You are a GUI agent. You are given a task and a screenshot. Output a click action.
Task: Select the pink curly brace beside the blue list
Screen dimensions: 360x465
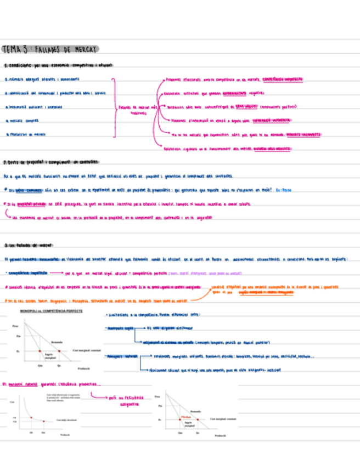coord(115,107)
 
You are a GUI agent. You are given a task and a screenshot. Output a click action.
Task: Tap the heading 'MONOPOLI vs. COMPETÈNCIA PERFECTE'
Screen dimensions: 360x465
coord(52,311)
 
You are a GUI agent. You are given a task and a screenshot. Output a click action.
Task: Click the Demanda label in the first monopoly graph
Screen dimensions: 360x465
coord(57,341)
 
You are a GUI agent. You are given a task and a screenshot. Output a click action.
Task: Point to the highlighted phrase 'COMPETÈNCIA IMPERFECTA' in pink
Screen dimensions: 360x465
coord(282,79)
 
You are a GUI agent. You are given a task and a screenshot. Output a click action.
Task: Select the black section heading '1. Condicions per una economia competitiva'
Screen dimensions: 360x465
coord(58,65)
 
